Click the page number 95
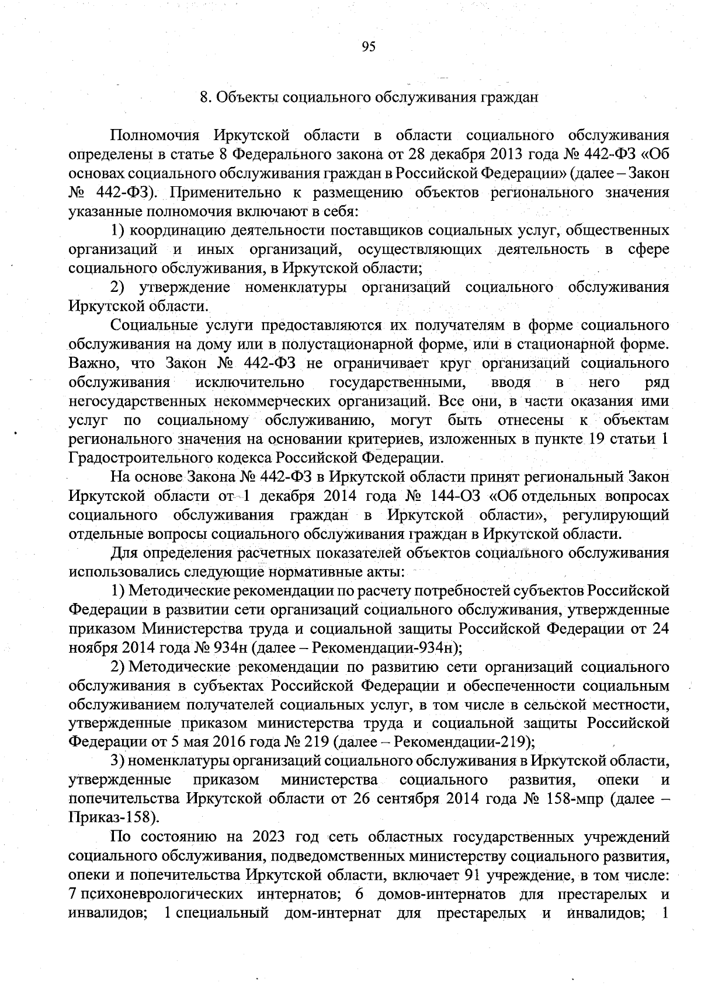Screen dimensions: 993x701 click(x=368, y=47)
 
